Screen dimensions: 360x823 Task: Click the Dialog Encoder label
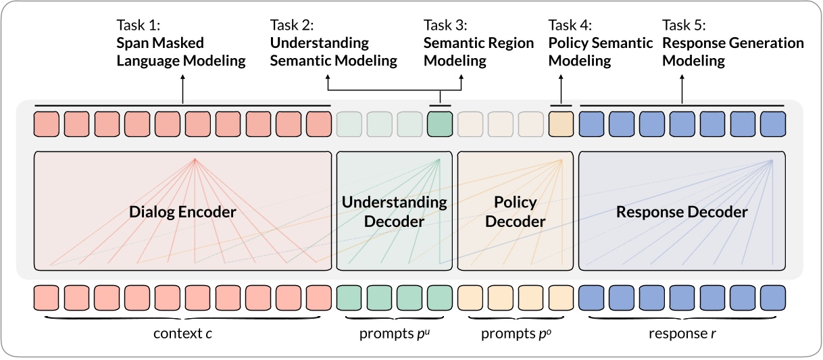click(182, 212)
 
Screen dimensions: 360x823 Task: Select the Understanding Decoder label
click(394, 211)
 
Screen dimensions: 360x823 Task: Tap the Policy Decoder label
click(516, 211)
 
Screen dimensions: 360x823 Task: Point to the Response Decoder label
click(682, 212)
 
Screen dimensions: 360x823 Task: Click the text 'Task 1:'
click(138, 26)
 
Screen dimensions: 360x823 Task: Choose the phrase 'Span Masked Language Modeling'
click(181, 52)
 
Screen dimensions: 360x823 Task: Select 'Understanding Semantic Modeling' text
click(333, 52)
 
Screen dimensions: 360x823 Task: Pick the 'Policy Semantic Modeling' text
click(600, 52)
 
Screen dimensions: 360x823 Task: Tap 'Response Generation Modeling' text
click(732, 52)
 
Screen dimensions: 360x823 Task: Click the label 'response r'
click(681, 334)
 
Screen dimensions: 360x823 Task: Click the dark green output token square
click(439, 124)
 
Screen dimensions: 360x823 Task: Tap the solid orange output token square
click(561, 124)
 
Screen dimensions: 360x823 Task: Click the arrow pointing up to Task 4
click(561, 88)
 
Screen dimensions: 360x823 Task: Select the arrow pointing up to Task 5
click(682, 88)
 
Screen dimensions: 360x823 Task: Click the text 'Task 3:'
click(445, 26)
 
